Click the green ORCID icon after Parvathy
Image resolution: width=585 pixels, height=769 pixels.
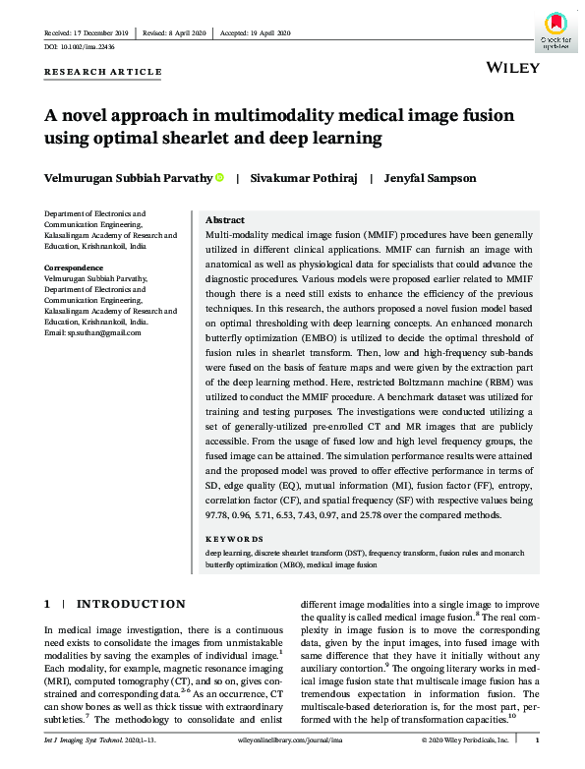[x=219, y=177]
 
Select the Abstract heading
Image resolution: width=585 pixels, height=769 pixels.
[x=225, y=220]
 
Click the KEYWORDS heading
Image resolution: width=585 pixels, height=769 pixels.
[x=234, y=539]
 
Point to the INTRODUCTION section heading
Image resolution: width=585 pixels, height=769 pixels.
[x=131, y=604]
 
